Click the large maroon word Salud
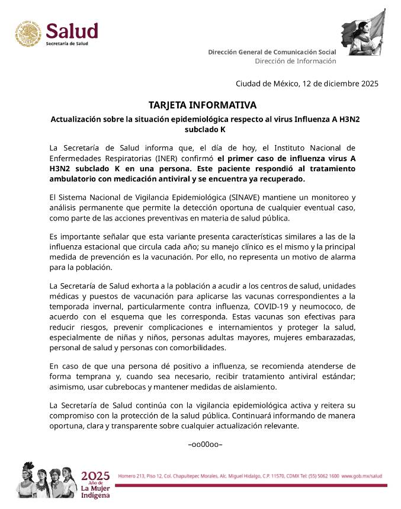click(x=72, y=31)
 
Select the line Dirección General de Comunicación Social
click(x=272, y=52)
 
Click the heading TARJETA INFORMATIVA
click(x=203, y=105)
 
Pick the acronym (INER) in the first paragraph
click(x=170, y=158)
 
